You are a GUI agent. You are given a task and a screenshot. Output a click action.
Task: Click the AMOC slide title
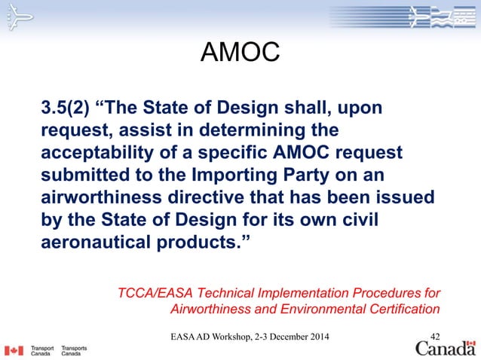coord(240,53)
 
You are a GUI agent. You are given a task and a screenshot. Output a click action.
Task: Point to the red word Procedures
coord(394,292)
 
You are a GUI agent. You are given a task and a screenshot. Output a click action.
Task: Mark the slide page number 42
coord(435,335)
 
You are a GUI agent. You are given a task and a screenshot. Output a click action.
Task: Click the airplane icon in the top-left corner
coord(14,19)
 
